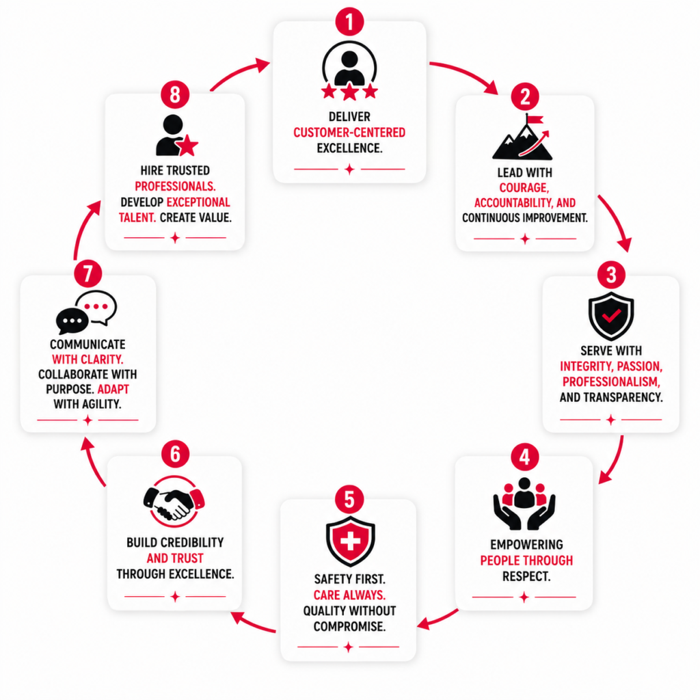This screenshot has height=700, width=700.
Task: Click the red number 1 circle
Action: pos(349,21)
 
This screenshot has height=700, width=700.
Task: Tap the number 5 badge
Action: pos(349,499)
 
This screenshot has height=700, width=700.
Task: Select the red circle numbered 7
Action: pos(88,273)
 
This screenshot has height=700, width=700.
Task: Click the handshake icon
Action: pos(174,502)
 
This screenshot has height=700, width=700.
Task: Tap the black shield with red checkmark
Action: pos(611,316)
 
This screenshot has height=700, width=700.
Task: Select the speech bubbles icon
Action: pos(86,312)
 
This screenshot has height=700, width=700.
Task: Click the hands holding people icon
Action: pos(524,504)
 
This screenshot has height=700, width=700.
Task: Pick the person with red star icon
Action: pos(176,135)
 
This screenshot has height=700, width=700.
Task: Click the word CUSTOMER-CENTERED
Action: pos(349,133)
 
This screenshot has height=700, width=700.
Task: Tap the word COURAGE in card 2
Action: pos(524,187)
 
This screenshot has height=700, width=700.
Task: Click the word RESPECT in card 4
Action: pos(526,576)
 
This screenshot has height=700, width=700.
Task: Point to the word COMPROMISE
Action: pos(349,626)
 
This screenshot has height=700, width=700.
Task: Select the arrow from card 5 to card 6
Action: pos(252,623)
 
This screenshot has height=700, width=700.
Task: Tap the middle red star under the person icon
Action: pos(349,92)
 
